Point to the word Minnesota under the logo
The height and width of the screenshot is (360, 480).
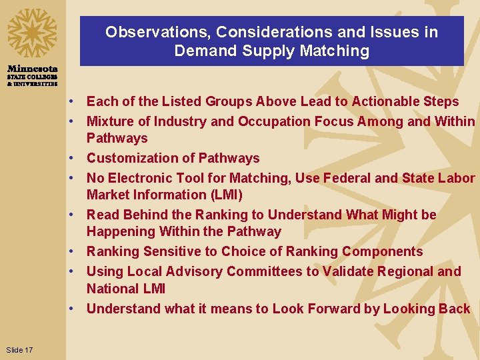coord(33,69)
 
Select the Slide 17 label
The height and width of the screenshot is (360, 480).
coord(19,350)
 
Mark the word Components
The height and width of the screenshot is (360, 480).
coord(382,251)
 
